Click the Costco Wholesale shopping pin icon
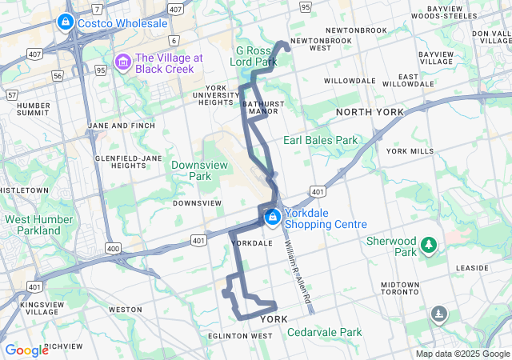pyautogui.click(x=66, y=23)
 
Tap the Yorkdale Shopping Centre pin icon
pyautogui.click(x=273, y=216)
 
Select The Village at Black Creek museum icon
pyautogui.click(x=123, y=62)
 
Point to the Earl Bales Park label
pyautogui.click(x=320, y=140)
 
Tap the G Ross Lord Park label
pyautogui.click(x=253, y=55)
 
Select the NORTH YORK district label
pyautogui.click(x=370, y=112)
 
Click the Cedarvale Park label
pyautogui.click(x=324, y=332)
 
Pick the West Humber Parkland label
pyautogui.click(x=33, y=225)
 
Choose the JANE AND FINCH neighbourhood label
pyautogui.click(x=121, y=126)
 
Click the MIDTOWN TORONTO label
pyautogui.click(x=400, y=290)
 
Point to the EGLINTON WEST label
pyautogui.click(x=239, y=336)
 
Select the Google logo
pyautogui.click(x=26, y=350)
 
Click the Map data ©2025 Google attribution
pyautogui.click(x=462, y=354)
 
